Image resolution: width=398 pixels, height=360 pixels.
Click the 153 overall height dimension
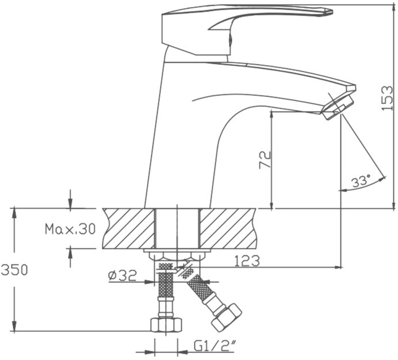coord(387,98)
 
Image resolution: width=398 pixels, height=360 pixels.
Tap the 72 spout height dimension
coord(265,160)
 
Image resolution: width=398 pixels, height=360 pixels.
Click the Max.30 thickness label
coord(70,229)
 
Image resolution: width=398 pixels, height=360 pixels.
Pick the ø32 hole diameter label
coord(123,275)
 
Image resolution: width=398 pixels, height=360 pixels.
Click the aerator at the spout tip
coord(338,108)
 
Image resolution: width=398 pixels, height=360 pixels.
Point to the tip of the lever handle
coord(332,12)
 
